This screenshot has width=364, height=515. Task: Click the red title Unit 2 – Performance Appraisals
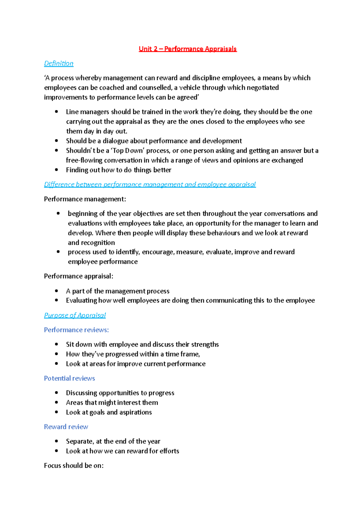[x=187, y=49]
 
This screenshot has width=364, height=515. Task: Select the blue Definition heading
[x=59, y=63]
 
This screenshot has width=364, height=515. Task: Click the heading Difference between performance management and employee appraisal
[x=150, y=184]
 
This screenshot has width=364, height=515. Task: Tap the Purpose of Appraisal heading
[x=75, y=315]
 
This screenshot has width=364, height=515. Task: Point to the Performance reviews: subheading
[x=76, y=330]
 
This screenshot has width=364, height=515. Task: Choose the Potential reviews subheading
[x=69, y=378]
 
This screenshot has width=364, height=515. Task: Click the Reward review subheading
[x=66, y=427]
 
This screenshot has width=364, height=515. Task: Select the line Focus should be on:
[x=74, y=466]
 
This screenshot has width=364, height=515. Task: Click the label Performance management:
[x=85, y=199]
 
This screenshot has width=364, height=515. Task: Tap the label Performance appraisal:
[x=78, y=276]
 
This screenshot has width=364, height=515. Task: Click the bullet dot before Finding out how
[x=56, y=170]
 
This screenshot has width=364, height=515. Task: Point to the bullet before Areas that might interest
[x=56, y=402]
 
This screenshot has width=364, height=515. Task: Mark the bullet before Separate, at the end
[x=56, y=441]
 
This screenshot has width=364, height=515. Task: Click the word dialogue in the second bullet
[x=115, y=141]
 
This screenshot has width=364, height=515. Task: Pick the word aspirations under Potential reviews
[x=135, y=412]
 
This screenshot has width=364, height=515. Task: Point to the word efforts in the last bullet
[x=169, y=451]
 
